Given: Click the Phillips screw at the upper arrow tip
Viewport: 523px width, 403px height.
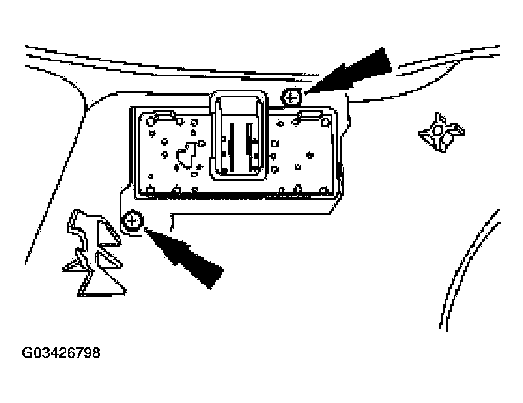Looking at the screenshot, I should pyautogui.click(x=291, y=96).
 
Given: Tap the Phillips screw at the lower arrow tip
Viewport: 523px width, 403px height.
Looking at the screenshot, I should pyautogui.click(x=132, y=222).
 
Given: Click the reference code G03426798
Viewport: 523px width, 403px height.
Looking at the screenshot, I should pyautogui.click(x=61, y=353).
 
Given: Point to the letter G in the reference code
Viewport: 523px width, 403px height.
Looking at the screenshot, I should pyautogui.click(x=27, y=353).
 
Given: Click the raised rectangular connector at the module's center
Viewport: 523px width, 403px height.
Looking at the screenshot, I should pyautogui.click(x=238, y=135).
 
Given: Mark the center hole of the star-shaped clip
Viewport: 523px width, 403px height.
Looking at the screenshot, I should pyautogui.click(x=438, y=130).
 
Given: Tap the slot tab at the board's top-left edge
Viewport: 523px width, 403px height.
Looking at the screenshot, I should pyautogui.click(x=162, y=115).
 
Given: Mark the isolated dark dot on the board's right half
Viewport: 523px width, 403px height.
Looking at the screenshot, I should pyautogui.click(x=309, y=155).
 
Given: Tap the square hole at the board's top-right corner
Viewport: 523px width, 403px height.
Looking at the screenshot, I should pyautogui.click(x=325, y=123).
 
